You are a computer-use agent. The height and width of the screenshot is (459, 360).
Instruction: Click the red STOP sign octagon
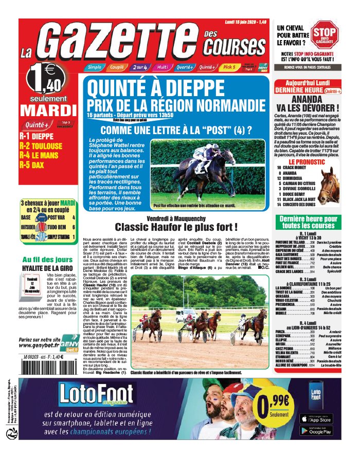(325, 35)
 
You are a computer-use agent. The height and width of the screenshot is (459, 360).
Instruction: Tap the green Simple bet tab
(94, 67)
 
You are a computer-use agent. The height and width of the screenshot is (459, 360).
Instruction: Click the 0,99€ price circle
(280, 406)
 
